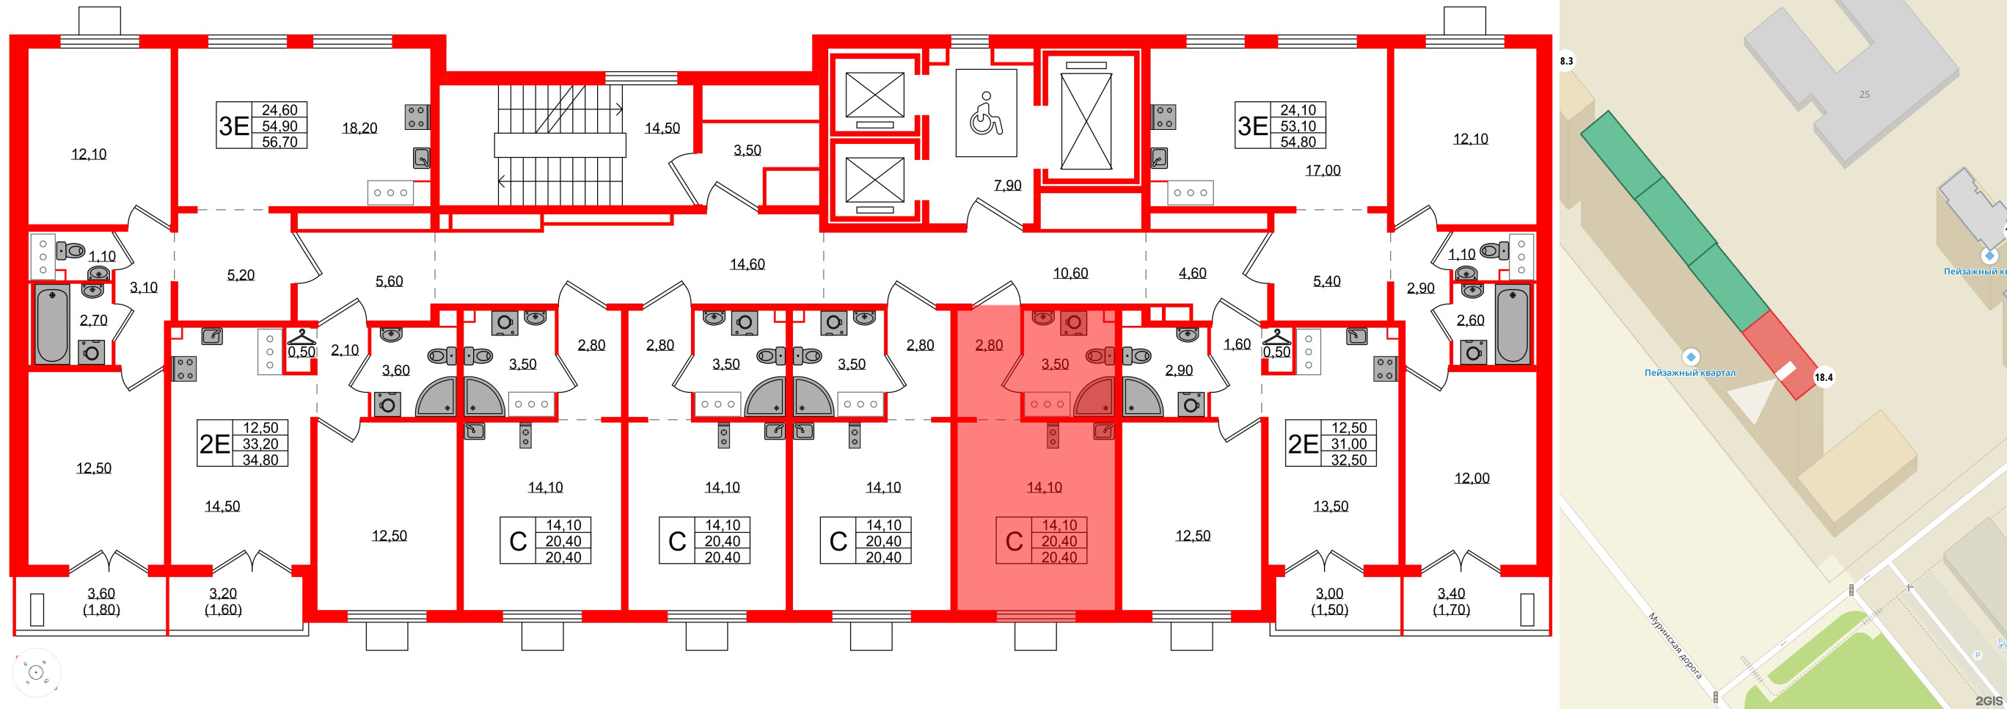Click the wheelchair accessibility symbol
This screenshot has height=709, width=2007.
click(x=986, y=113)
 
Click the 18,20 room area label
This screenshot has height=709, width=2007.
click(x=359, y=128)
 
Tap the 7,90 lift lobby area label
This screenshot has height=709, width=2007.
click(x=1007, y=186)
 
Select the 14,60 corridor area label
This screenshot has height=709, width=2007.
click(x=747, y=264)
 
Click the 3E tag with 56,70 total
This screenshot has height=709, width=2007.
click(x=233, y=126)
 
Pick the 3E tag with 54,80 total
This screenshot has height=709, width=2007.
click(x=1252, y=126)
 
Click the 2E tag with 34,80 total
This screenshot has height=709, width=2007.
click(x=214, y=443)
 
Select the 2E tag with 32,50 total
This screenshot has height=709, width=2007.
click(x=1303, y=443)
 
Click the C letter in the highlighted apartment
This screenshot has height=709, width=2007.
click(x=1014, y=542)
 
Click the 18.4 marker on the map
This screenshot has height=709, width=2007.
click(x=1823, y=377)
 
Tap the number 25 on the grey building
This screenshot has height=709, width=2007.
click(x=1864, y=94)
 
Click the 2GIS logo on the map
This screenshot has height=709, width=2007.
click(x=1989, y=700)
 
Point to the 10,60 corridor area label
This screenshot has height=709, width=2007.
click(x=1070, y=274)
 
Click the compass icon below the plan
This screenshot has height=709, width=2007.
click(x=36, y=672)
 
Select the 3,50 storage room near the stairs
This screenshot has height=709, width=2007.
click(x=747, y=150)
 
